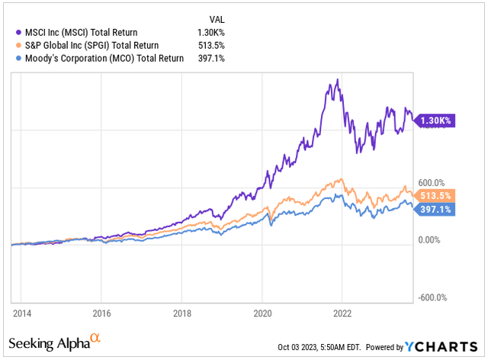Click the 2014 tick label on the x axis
pyautogui.click(x=21, y=313)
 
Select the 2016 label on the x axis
pyautogui.click(x=101, y=313)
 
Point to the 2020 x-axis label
pyautogui.click(x=262, y=313)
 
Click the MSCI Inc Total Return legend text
pyautogui.click(x=92, y=31)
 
